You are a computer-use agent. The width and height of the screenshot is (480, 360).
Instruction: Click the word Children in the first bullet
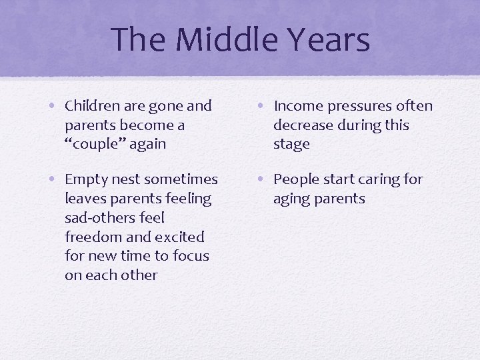point(91,106)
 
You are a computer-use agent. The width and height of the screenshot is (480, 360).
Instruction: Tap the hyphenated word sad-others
point(99,218)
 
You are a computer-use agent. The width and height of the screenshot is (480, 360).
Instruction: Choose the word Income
point(297,106)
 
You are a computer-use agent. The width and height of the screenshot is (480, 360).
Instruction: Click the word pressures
point(358,106)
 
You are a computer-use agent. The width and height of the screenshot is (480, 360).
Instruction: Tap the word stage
point(291,145)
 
